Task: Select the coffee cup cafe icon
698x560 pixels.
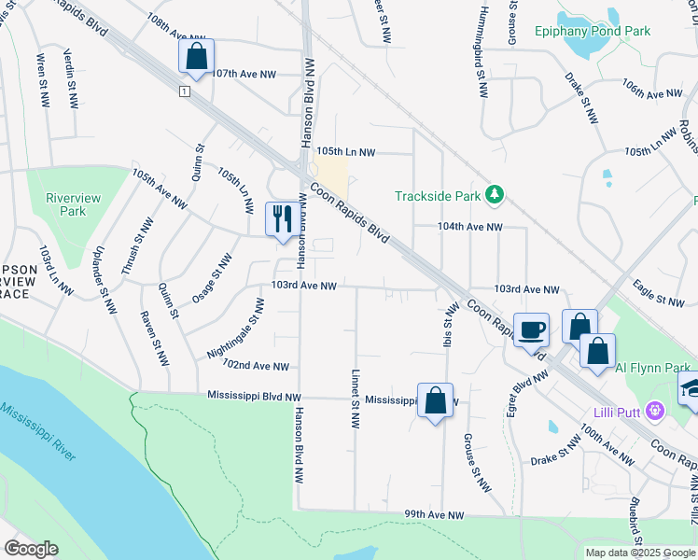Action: pyautogui.click(x=531, y=329)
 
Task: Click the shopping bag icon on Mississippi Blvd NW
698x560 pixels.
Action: pyautogui.click(x=435, y=400)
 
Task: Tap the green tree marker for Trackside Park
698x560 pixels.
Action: pyautogui.click(x=494, y=195)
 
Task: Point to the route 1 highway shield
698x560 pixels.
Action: pyautogui.click(x=185, y=91)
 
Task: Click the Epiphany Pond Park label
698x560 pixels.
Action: pyautogui.click(x=593, y=31)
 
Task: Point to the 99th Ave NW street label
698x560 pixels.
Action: pyautogui.click(x=434, y=515)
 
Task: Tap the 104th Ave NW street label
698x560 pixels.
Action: pyautogui.click(x=471, y=227)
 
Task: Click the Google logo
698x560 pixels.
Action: pyautogui.click(x=31, y=549)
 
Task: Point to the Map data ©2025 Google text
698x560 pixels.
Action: pyautogui.click(x=640, y=553)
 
